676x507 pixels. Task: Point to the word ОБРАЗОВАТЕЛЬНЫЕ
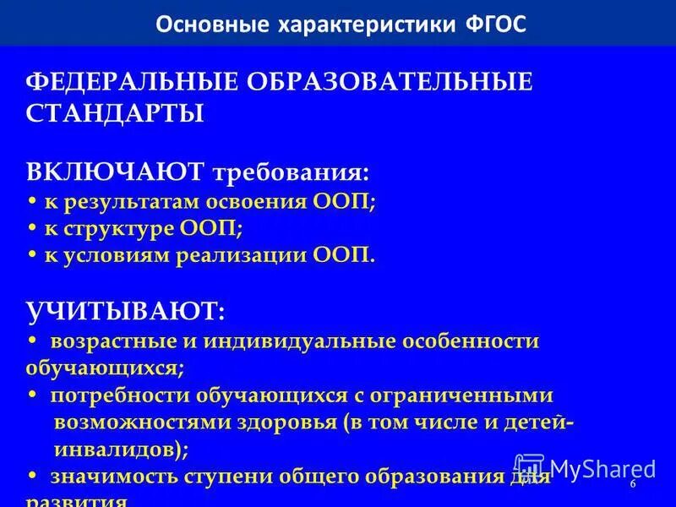pyautogui.click(x=390, y=83)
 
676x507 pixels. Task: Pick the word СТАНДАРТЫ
pyautogui.click(x=115, y=113)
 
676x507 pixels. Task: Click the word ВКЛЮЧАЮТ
pyautogui.click(x=115, y=172)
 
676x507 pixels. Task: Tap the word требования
pyautogui.click(x=291, y=172)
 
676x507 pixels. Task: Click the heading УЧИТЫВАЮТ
pyautogui.click(x=125, y=312)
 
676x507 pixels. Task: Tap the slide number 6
pyautogui.click(x=633, y=483)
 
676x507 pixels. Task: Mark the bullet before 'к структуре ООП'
pyautogui.click(x=32, y=229)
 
